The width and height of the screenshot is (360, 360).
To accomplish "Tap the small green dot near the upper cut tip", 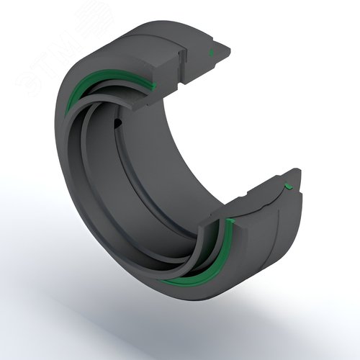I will point(211,53).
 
